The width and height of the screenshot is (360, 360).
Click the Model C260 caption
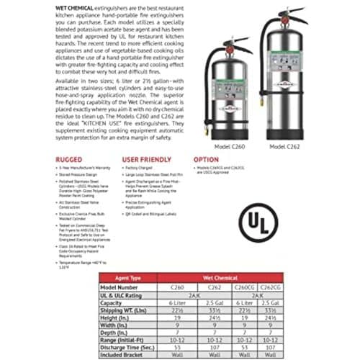coord(230,147)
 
